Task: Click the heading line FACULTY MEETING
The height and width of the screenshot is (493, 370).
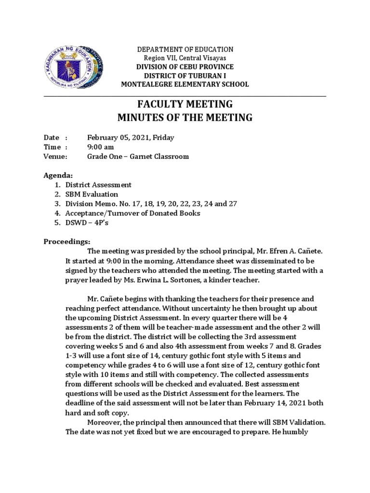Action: click(185, 104)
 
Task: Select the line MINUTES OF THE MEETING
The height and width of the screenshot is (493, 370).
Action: click(185, 117)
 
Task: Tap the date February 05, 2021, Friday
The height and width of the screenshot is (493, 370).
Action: click(130, 138)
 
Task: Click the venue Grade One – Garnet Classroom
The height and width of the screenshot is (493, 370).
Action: click(138, 156)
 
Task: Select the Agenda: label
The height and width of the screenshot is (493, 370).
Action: click(57, 175)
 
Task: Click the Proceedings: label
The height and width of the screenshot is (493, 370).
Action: click(67, 241)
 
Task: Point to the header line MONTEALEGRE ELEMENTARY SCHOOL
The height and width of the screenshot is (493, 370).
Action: click(185, 85)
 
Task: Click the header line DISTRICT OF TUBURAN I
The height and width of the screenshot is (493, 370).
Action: click(185, 76)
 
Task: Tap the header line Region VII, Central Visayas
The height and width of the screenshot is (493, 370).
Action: click(185, 58)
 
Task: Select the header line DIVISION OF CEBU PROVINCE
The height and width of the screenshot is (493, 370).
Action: click(185, 67)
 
